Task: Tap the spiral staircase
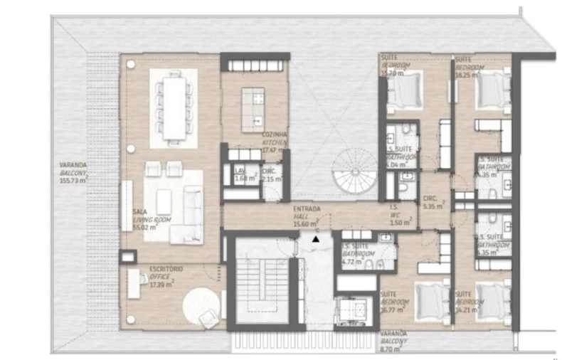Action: pos(354,173)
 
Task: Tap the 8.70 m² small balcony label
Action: pos(393,342)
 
